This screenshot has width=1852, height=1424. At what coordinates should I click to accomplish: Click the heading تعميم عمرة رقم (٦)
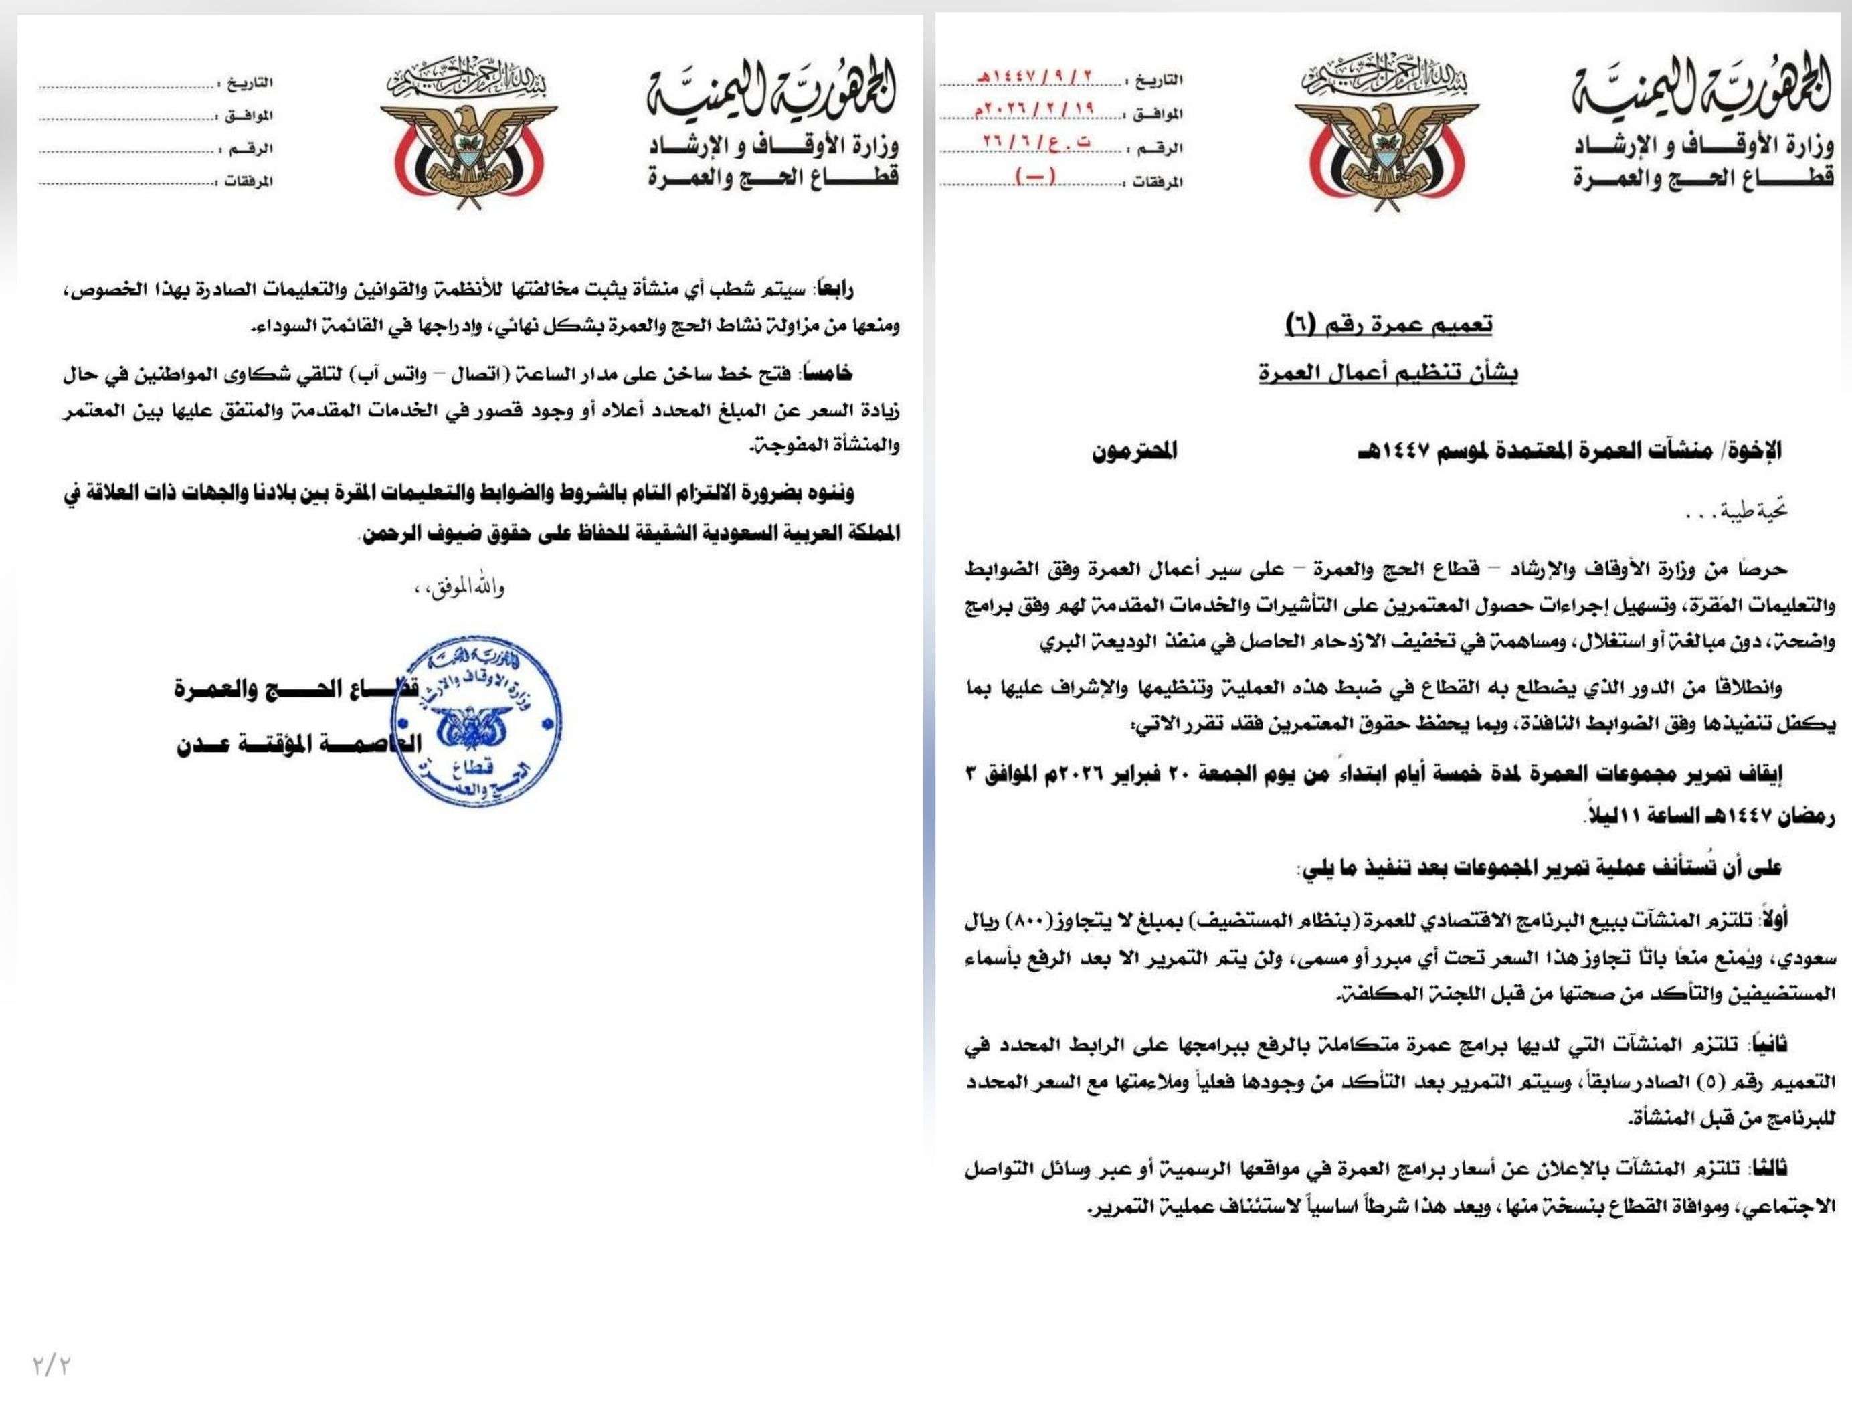[1388, 325]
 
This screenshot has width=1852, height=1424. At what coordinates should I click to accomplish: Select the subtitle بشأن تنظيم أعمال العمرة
[1388, 373]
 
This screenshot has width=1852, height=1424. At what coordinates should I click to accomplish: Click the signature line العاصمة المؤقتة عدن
[298, 744]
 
